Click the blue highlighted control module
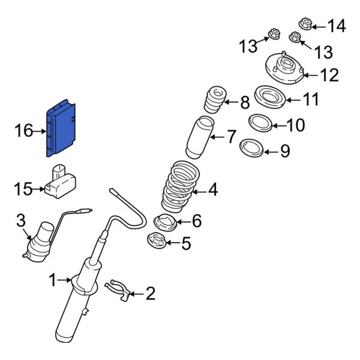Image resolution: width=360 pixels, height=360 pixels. pyautogui.click(x=62, y=128)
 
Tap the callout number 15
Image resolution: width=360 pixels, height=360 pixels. pyautogui.click(x=22, y=190)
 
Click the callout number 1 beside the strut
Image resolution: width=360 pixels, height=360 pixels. pyautogui.click(x=53, y=280)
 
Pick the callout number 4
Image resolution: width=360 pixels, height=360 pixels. pyautogui.click(x=213, y=191)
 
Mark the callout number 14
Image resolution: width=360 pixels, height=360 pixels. pyautogui.click(x=337, y=26)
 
